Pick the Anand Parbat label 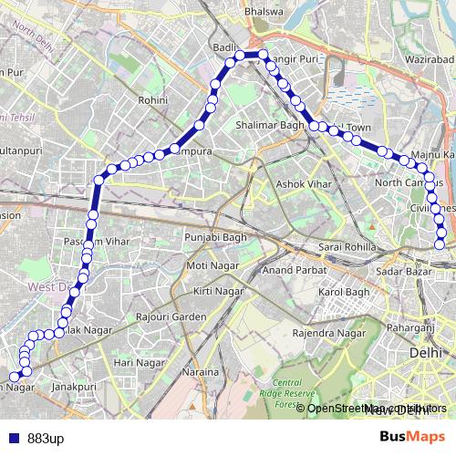(x=288, y=270)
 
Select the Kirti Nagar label (x=218, y=290)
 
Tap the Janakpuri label (x=74, y=387)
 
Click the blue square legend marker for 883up (x=10, y=436)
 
